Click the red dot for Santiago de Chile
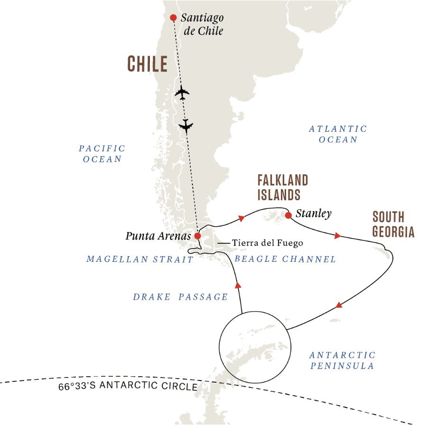[x=173, y=18]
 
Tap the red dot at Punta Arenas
[x=197, y=236]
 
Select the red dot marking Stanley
[x=288, y=215]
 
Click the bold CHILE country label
[x=147, y=64]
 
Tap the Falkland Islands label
[x=282, y=187]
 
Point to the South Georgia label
[x=393, y=224]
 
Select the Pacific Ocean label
[x=102, y=154]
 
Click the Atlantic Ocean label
[x=338, y=134]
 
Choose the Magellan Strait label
[x=140, y=259]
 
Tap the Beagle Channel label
[x=285, y=259]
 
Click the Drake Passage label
[x=180, y=297]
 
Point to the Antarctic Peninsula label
[x=342, y=360]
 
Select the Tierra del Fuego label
[x=267, y=243]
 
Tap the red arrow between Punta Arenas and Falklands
[x=242, y=218]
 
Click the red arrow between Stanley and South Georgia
[x=337, y=235]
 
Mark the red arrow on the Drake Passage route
[x=238, y=285]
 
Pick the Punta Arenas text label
[x=158, y=236]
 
